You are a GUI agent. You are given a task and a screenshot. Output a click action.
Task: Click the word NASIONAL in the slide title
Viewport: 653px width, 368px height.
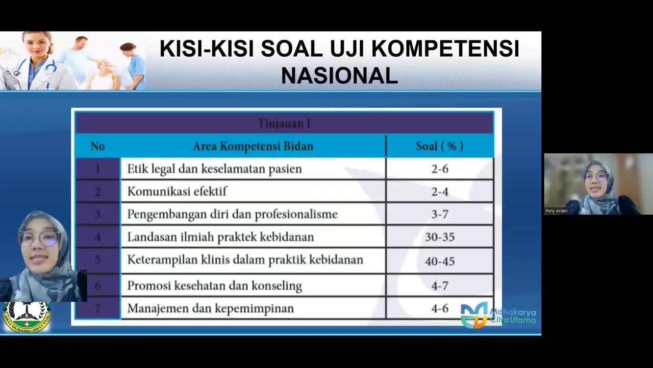pyautogui.click(x=339, y=76)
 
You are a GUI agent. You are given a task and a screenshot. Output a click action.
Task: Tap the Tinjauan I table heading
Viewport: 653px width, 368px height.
pyautogui.click(x=284, y=124)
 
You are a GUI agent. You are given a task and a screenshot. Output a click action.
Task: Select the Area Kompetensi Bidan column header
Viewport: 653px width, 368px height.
pyautogui.click(x=253, y=146)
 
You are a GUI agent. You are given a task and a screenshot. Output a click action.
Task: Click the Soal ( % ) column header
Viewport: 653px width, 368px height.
pyautogui.click(x=439, y=146)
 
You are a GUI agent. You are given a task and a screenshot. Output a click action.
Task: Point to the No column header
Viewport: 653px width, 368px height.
pyautogui.click(x=97, y=146)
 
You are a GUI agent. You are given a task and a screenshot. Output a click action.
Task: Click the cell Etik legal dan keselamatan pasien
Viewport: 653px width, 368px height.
pyautogui.click(x=214, y=169)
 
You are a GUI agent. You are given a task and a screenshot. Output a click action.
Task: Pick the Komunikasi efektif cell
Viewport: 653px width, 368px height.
pyautogui.click(x=177, y=192)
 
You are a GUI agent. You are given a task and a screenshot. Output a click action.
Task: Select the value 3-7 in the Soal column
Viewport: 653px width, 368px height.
pyautogui.click(x=439, y=214)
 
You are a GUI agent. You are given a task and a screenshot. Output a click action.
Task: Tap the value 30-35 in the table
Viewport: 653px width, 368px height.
pyautogui.click(x=439, y=237)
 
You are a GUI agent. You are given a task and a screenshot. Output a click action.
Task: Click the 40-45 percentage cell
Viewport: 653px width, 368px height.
pyautogui.click(x=439, y=261)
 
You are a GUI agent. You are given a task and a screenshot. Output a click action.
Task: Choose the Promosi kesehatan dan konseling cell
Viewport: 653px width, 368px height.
pyautogui.click(x=214, y=286)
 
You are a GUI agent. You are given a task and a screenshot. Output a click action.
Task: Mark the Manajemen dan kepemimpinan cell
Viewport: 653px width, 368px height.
pyautogui.click(x=210, y=308)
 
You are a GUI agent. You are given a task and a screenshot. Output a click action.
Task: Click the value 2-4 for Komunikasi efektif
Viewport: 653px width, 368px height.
pyautogui.click(x=439, y=192)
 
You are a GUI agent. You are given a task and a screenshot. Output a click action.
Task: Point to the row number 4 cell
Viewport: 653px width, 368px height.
pyautogui.click(x=97, y=237)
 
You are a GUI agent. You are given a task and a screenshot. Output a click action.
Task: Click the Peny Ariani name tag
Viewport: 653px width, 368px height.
pyautogui.click(x=556, y=211)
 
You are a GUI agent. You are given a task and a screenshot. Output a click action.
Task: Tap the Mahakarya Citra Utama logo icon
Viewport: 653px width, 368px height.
pyautogui.click(x=473, y=315)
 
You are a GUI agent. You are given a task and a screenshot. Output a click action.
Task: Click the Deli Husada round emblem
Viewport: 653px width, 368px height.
pyautogui.click(x=27, y=317)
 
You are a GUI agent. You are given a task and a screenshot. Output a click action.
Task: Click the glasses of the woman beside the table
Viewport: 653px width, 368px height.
pyautogui.click(x=40, y=238)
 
